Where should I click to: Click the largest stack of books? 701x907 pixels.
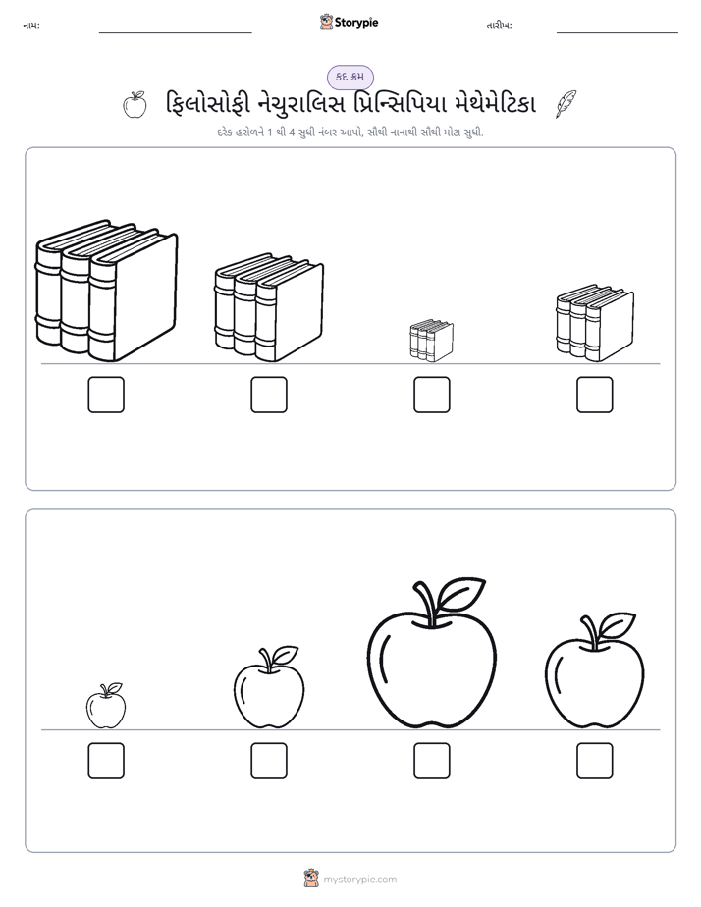(x=106, y=291)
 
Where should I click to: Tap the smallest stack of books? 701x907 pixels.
(x=431, y=341)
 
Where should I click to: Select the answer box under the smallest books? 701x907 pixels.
(x=431, y=395)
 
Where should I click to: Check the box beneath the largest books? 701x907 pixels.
(x=106, y=395)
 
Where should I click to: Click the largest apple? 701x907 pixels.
(x=431, y=653)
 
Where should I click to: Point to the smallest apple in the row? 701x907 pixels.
(x=106, y=706)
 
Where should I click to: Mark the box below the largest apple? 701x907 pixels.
(x=431, y=761)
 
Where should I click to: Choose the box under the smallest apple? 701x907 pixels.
(x=106, y=761)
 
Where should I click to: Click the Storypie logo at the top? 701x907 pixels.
(x=350, y=22)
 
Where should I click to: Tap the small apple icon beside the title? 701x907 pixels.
(x=135, y=105)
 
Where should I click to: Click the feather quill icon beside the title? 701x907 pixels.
(x=566, y=104)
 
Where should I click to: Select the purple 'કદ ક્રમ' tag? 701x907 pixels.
(x=350, y=77)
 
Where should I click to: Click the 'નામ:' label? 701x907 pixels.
(x=31, y=26)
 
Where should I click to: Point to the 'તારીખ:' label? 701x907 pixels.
(x=499, y=26)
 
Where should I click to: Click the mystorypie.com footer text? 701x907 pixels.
(x=359, y=880)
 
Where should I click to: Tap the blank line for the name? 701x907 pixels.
(x=175, y=33)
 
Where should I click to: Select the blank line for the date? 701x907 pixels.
(x=618, y=33)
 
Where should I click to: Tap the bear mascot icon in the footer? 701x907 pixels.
(x=311, y=879)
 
